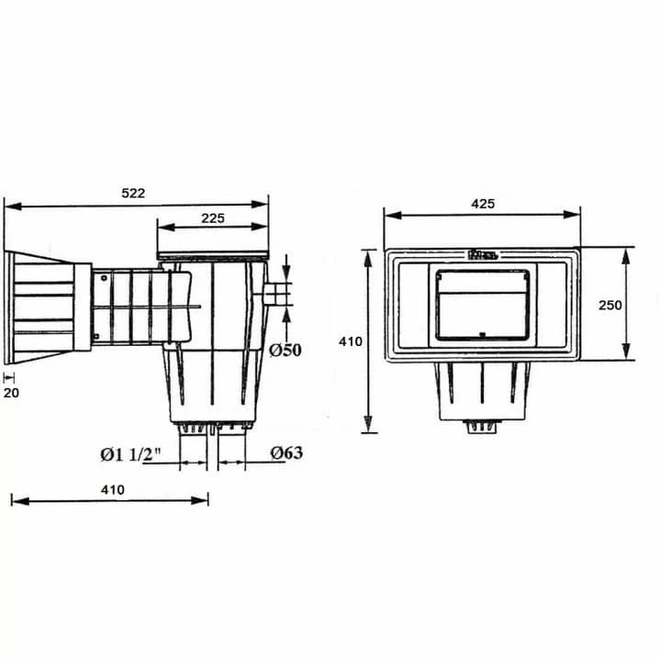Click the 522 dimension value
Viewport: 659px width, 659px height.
[x=133, y=193]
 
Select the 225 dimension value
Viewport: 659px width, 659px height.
[x=213, y=218]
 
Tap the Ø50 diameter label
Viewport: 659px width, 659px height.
[x=285, y=350]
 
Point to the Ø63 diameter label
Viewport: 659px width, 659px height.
[x=286, y=452]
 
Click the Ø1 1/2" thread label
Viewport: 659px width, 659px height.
[x=130, y=454]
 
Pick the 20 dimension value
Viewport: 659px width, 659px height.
[x=11, y=393]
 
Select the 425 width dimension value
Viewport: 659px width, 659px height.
[x=483, y=204]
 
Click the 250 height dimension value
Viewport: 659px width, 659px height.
[x=610, y=305]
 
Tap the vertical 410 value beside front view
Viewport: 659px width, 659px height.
[x=351, y=341]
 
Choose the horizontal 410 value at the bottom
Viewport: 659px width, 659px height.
[x=113, y=489]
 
